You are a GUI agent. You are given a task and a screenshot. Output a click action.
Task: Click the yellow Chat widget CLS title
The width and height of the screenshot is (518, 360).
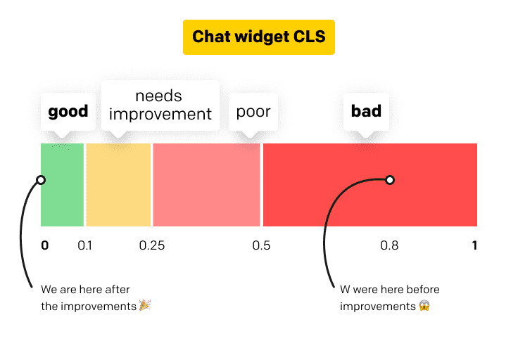point(259,37)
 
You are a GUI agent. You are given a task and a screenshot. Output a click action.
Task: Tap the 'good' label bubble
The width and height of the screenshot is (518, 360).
point(68,111)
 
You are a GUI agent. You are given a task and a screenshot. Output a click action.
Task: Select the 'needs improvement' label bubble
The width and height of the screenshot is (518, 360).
point(160,105)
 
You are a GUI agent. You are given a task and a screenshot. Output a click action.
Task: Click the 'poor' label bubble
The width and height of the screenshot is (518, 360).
point(253,112)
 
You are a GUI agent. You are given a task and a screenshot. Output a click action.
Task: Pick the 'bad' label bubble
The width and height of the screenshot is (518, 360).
point(366,111)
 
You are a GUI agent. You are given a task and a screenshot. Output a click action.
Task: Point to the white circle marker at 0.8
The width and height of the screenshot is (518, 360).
point(390,180)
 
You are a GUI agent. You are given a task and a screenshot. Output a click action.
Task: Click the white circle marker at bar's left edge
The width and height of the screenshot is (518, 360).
point(41,180)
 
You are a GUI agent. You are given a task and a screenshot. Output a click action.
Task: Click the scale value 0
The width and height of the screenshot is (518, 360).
point(45,245)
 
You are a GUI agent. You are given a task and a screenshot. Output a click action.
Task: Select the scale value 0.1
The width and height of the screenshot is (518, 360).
point(84,245)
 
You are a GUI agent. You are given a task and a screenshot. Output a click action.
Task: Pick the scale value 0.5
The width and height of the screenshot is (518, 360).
point(261,245)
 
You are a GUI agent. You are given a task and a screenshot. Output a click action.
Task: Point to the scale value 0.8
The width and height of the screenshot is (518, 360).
point(389,245)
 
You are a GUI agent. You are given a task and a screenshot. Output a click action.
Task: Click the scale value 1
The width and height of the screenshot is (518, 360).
point(474,245)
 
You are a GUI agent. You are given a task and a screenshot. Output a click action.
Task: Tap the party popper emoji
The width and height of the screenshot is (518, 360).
point(145,306)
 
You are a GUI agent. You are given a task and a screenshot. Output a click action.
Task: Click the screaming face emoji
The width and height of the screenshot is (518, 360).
point(424,306)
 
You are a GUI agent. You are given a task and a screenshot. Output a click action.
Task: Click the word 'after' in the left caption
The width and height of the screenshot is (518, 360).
point(118,290)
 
